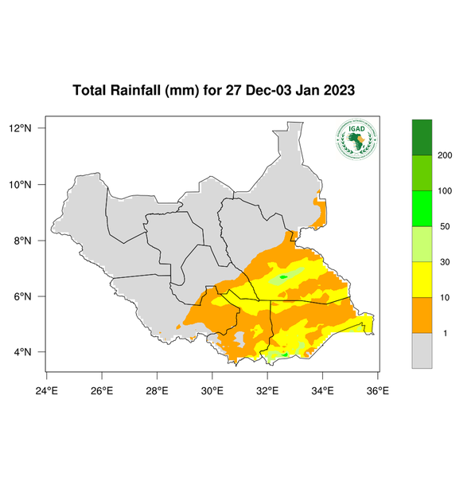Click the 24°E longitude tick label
click(47, 390)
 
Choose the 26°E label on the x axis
click(102, 390)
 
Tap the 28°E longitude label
click(157, 390)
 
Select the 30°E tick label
click(212, 390)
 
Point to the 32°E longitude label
click(267, 390)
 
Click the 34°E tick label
click(322, 390)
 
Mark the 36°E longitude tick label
click(377, 390)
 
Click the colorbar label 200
click(446, 155)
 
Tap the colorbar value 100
click(446, 191)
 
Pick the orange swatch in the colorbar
click(422, 315)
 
